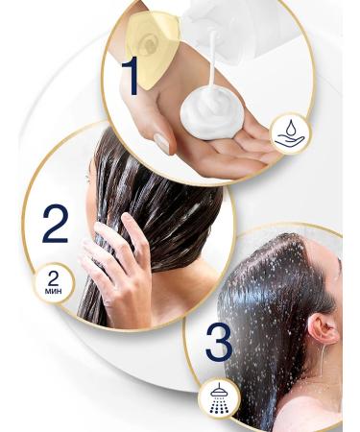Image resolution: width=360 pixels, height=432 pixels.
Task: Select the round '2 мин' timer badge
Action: point(54,284)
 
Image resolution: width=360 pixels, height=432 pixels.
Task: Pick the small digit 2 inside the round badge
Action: point(54,279)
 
